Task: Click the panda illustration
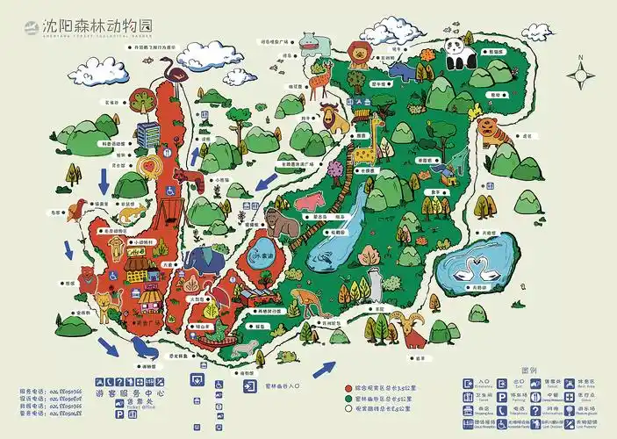click(x=457, y=54)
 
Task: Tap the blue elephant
click(x=204, y=262)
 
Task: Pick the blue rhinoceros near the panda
click(x=403, y=71)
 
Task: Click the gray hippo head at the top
click(x=309, y=41)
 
